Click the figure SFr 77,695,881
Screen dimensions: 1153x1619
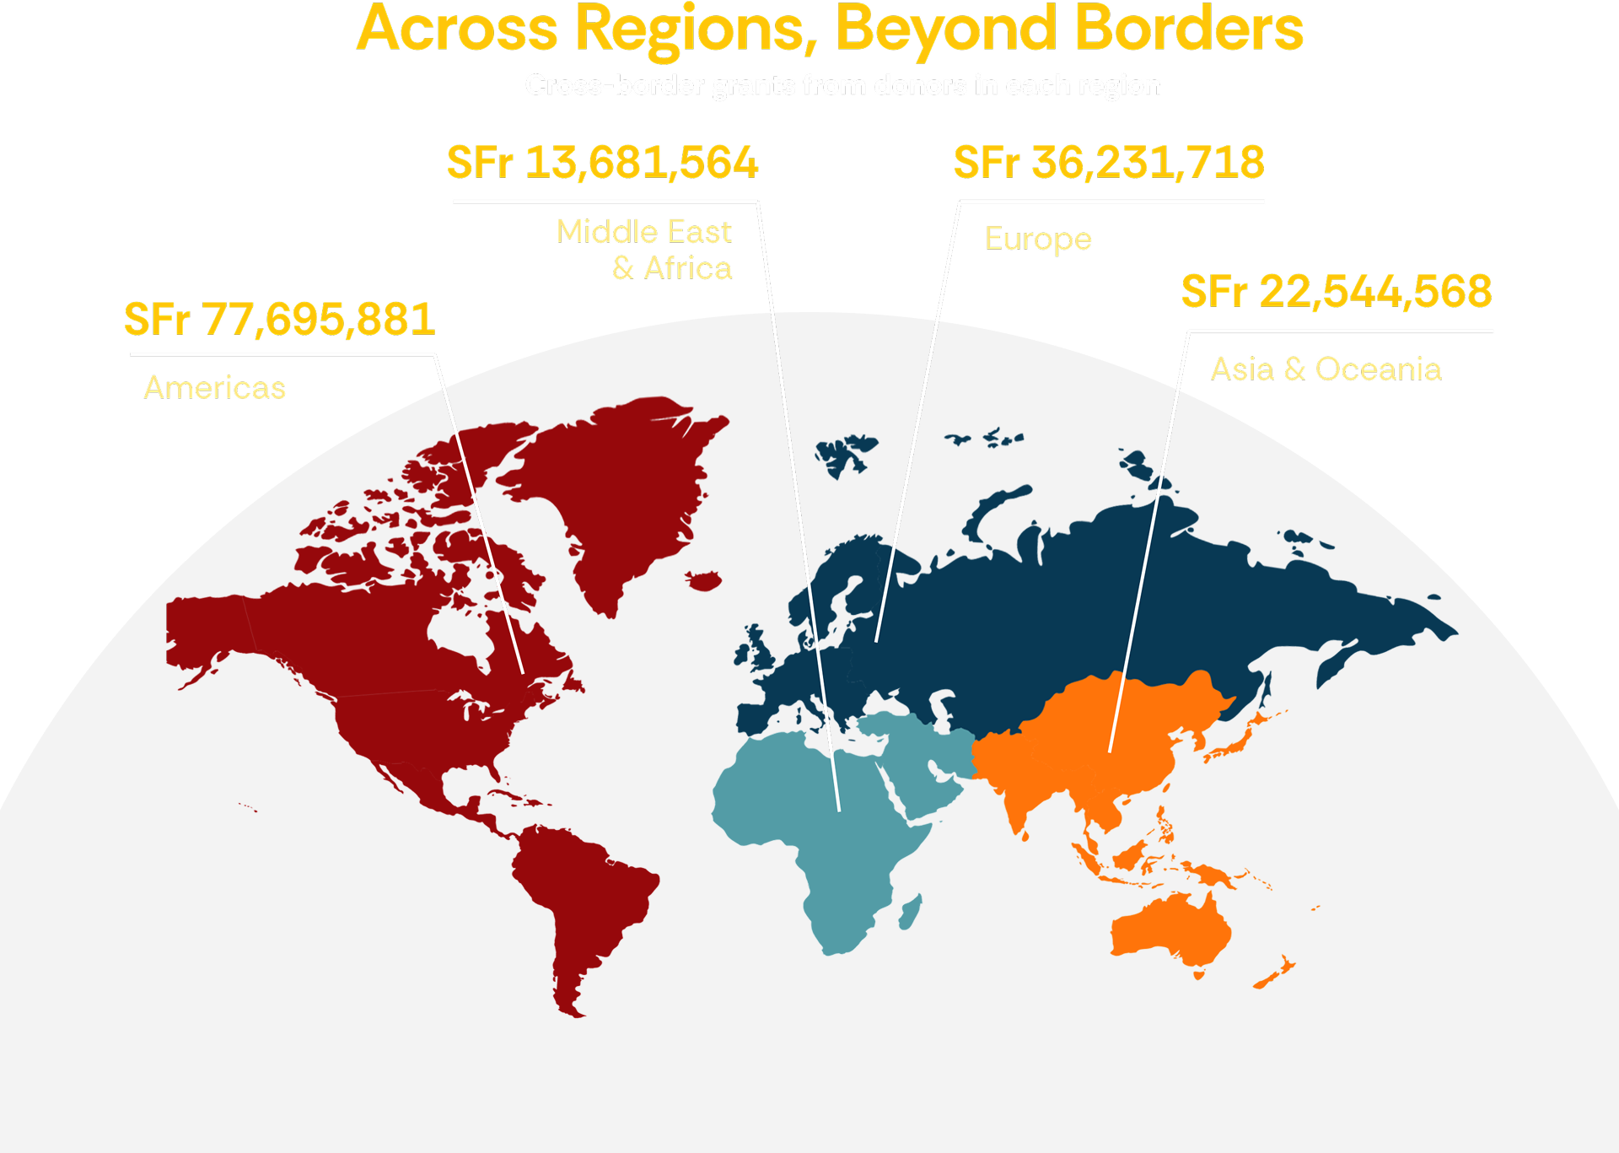point(279,320)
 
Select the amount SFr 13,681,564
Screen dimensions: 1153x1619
point(602,163)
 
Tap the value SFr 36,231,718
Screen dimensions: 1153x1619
point(1108,163)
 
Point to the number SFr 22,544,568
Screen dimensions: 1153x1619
point(1336,292)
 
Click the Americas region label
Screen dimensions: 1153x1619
point(215,388)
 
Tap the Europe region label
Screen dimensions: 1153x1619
point(1038,240)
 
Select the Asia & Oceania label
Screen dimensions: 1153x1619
point(1326,369)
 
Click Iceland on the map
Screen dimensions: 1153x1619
point(704,580)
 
